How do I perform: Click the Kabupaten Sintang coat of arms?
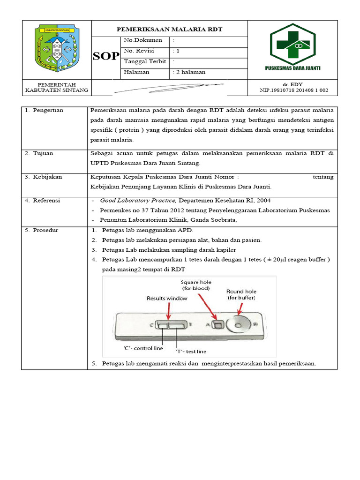(56, 49)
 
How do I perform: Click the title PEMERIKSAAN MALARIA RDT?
(169, 29)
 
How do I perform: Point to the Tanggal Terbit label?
(142, 61)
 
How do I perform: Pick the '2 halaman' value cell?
(189, 72)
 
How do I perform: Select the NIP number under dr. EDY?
(294, 90)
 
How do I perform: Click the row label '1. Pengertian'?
(45, 110)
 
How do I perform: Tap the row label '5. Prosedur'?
(43, 230)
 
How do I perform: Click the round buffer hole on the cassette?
(237, 324)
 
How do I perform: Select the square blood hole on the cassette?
(217, 324)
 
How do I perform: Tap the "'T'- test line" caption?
(191, 351)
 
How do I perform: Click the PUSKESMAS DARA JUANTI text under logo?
(292, 68)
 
